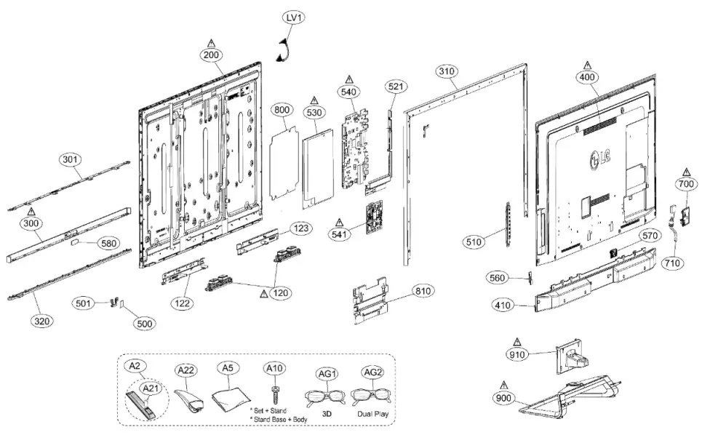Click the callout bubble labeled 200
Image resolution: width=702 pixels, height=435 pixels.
[211, 55]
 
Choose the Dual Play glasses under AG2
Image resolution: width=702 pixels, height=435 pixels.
[371, 397]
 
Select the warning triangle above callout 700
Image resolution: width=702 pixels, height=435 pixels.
[685, 172]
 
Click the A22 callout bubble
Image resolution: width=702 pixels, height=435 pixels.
[186, 370]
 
